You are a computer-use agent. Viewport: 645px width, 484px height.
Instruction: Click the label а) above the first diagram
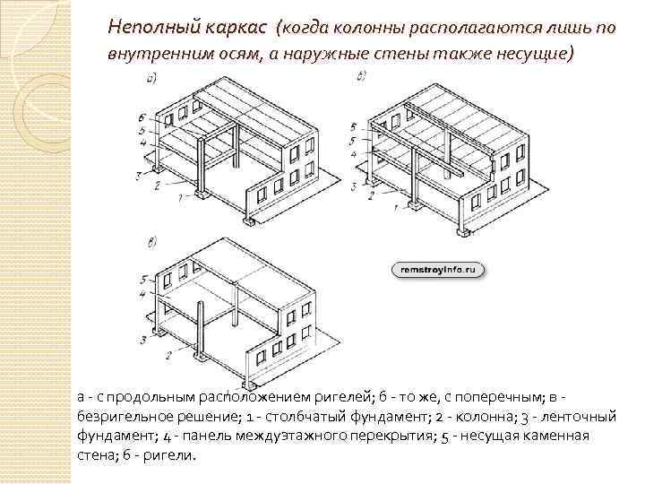[152, 79]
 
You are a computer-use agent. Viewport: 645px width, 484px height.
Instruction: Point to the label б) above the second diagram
[360, 77]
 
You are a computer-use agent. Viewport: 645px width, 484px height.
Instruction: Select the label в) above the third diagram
[151, 241]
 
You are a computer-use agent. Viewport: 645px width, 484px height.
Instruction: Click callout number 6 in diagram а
[142, 117]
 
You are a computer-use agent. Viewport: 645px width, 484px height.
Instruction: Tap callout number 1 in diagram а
[182, 195]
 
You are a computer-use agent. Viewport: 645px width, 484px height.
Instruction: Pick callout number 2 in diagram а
[157, 185]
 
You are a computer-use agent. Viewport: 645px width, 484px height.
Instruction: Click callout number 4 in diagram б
[353, 154]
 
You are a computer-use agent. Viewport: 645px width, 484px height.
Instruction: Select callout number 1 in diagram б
[395, 208]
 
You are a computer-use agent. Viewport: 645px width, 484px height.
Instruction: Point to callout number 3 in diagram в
[143, 340]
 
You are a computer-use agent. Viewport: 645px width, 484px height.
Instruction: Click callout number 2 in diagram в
[168, 356]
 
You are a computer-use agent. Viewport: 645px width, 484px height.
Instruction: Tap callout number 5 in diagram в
[143, 280]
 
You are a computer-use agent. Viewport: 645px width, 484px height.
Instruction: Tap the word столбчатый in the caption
[292, 416]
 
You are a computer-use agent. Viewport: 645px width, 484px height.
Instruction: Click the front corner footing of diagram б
[462, 231]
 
